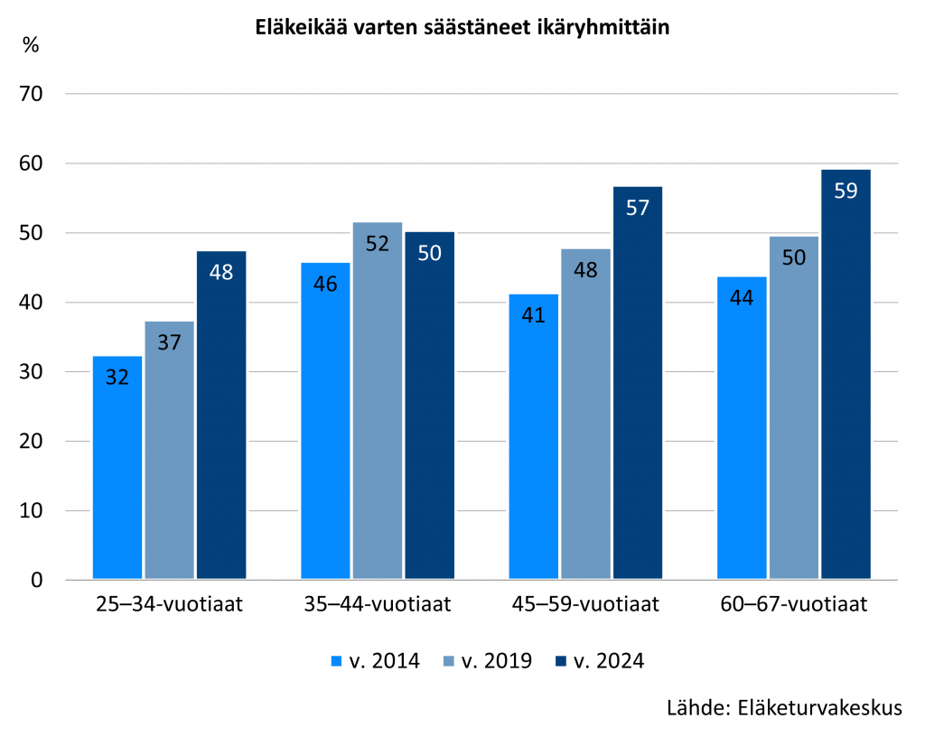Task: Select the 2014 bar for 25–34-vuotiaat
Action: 117,467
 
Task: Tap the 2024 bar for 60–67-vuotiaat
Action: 846,374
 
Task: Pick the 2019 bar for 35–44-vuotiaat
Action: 378,400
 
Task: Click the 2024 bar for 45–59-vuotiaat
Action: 638,382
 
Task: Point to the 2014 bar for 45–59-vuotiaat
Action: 534,436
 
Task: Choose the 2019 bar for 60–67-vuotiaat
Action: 794,407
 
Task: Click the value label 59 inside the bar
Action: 846,191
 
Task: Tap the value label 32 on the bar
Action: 117,378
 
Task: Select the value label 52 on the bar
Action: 378,244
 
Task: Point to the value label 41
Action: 534,316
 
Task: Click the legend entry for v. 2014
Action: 375,661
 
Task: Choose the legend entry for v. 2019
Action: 487,661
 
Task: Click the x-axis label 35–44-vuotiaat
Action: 378,604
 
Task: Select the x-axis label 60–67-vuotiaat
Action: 794,604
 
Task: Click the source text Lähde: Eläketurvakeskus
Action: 784,707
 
